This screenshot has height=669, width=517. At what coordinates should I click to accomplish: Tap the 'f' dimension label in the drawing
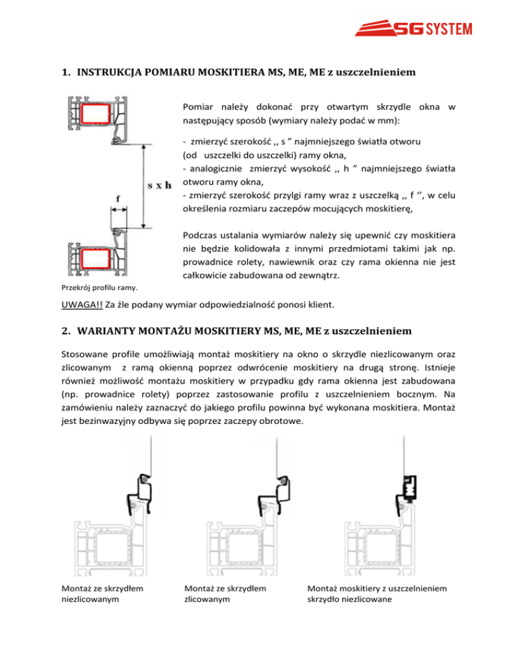(x=118, y=199)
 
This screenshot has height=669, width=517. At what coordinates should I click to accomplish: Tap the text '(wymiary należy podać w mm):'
(x=295, y=121)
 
